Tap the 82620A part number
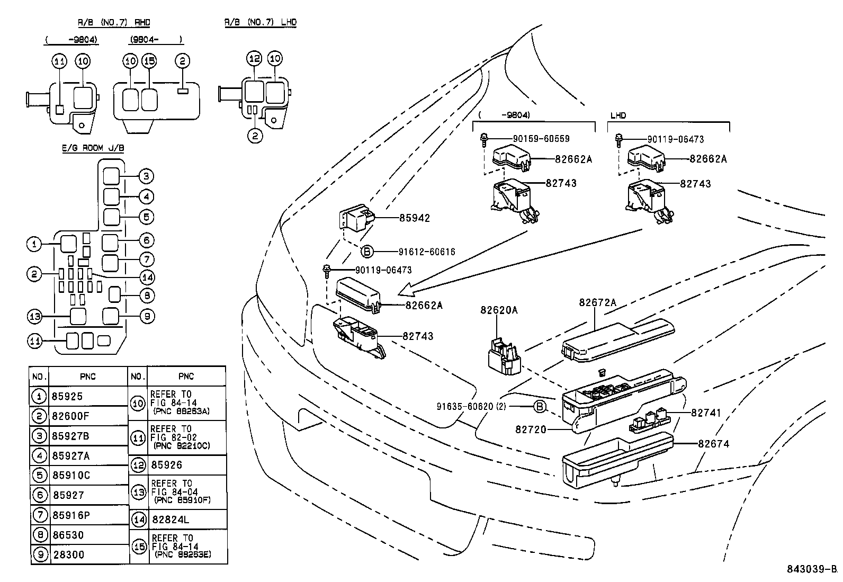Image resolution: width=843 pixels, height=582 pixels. click(x=499, y=310)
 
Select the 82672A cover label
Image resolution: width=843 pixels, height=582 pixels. click(x=597, y=302)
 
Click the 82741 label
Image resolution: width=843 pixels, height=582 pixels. click(x=706, y=413)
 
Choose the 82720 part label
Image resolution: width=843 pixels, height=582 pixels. click(x=531, y=429)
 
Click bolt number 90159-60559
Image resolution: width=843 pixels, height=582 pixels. click(x=541, y=139)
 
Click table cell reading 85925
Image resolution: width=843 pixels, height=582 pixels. click(x=68, y=396)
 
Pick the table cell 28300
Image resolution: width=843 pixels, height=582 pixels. click(x=68, y=554)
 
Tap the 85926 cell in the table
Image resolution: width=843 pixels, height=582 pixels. click(x=166, y=464)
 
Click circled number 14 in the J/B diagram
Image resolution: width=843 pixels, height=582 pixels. click(x=147, y=276)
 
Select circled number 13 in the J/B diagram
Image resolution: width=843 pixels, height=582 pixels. click(x=34, y=317)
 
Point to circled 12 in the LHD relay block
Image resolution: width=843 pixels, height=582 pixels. click(x=255, y=58)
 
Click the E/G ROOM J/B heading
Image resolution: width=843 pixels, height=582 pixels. click(x=93, y=148)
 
